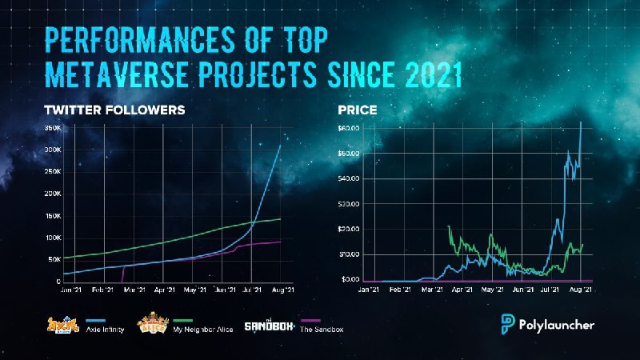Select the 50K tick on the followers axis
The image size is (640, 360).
(x=53, y=260)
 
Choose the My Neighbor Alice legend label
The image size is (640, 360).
(x=206, y=330)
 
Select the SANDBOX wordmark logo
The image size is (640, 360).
(x=266, y=324)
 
